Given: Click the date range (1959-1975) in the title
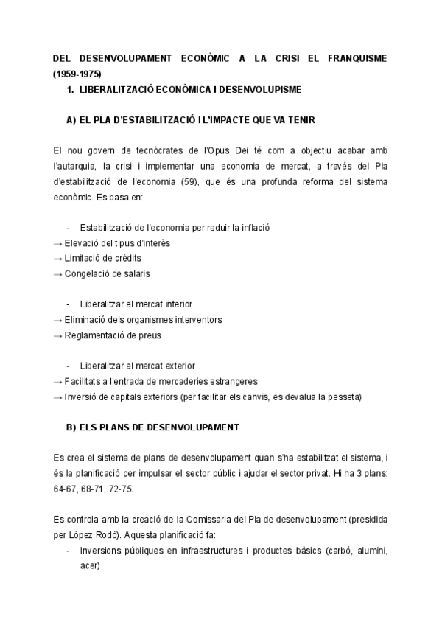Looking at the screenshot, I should pyautogui.click(x=77, y=74).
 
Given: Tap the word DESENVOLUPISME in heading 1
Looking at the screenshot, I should pyautogui.click(x=259, y=90).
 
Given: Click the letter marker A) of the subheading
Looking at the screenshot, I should pyautogui.click(x=72, y=120).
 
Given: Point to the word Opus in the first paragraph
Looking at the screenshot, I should pyautogui.click(x=236, y=150).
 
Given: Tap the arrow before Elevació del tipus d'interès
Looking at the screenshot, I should pyautogui.click(x=58, y=242).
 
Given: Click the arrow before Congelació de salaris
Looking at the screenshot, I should pyautogui.click(x=58, y=273).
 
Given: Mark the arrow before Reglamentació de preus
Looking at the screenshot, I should pyautogui.click(x=58, y=335).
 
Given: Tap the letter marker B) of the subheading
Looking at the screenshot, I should pyautogui.click(x=72, y=427).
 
